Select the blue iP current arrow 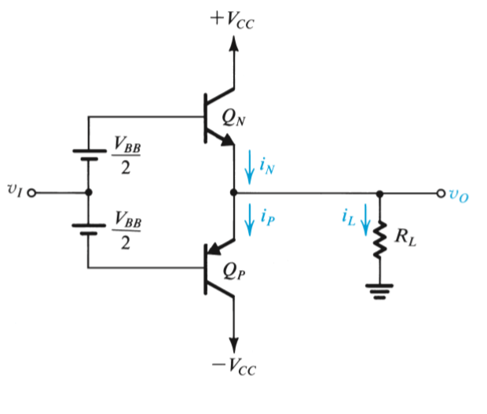click(251, 220)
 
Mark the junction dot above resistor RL click(380, 193)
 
